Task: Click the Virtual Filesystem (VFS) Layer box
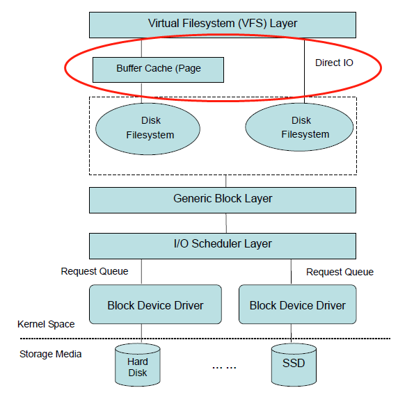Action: [223, 25]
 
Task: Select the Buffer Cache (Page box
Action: [158, 70]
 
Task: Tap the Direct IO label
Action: [334, 63]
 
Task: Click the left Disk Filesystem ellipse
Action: [148, 129]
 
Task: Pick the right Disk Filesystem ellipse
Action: [299, 127]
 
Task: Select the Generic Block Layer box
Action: [223, 200]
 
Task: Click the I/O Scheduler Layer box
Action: [223, 246]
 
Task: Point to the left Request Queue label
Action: [95, 271]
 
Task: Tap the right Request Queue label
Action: [340, 272]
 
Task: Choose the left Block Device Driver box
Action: [155, 304]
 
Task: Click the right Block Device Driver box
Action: [298, 304]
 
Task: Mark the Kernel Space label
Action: [46, 324]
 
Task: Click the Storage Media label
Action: [51, 354]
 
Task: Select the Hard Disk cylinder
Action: [138, 365]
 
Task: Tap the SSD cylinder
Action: [294, 365]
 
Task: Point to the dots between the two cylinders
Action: [224, 367]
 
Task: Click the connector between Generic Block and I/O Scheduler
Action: [226, 223]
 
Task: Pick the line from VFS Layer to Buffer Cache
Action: [141, 48]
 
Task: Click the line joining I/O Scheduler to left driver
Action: [141, 272]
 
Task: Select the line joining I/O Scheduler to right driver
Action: [291, 272]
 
